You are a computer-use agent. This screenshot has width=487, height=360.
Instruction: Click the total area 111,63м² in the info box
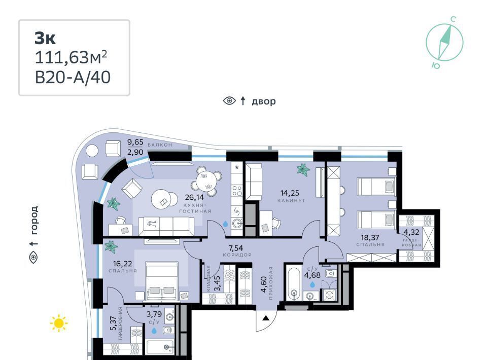coord(71,57)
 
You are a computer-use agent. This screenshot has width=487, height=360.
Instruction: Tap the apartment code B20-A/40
coord(73,77)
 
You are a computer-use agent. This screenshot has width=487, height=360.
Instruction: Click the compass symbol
coord(444,43)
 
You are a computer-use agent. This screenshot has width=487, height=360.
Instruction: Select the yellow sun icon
coord(59,323)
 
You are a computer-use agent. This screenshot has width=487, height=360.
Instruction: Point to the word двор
coord(263,101)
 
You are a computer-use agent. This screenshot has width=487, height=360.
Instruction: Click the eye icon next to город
coord(33,258)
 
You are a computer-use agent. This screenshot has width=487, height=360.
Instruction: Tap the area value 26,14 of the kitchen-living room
coord(194,197)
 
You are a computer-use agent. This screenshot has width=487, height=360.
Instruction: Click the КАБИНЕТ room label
coord(291,200)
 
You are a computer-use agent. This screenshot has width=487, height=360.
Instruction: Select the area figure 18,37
coord(370,238)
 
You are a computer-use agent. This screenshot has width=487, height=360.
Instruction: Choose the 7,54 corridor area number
coord(236,248)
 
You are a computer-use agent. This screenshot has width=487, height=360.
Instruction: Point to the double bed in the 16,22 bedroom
coord(162,281)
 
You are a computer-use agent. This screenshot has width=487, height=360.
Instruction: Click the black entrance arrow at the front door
coord(265,318)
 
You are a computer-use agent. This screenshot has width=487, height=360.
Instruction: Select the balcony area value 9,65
coord(135,142)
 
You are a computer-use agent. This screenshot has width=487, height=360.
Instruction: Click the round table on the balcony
coord(92,151)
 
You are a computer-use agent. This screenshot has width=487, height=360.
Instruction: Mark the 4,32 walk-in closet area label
coord(411,232)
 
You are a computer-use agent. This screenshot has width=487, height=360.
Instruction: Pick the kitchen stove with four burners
coord(237,190)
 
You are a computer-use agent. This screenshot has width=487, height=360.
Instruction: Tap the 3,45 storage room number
coord(218,283)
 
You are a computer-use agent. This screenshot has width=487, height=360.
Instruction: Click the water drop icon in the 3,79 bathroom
coord(154,331)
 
